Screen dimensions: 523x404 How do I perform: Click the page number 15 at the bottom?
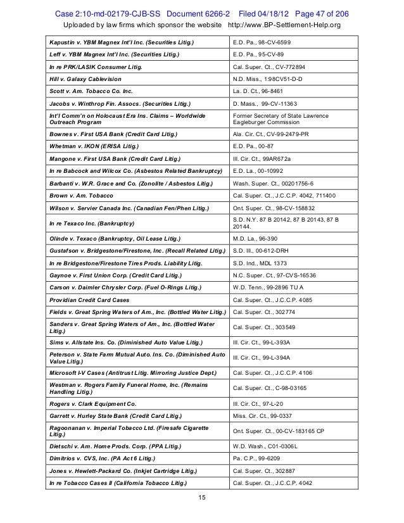point(202,498)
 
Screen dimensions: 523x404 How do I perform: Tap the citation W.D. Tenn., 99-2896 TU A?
point(273,287)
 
